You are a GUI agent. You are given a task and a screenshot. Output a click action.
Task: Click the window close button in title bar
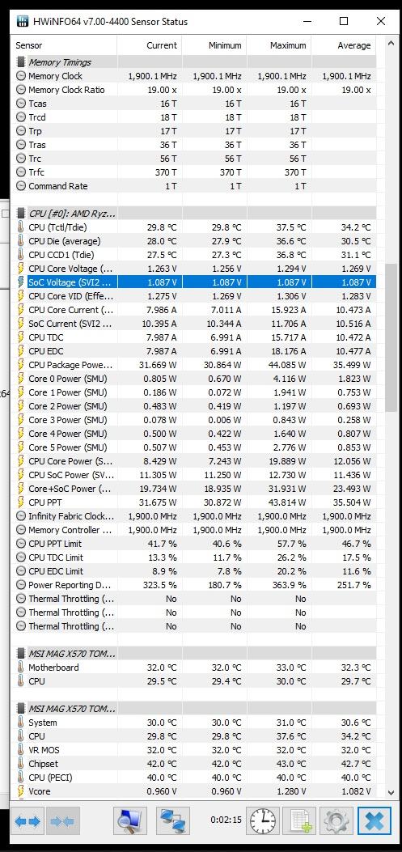pos(381,21)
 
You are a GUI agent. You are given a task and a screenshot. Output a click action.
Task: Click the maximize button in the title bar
pos(343,21)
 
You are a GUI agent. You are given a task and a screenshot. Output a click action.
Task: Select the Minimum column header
pos(225,45)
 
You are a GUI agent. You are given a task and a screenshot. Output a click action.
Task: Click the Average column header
pos(354,45)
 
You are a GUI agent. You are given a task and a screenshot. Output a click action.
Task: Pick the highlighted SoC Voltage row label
pos(70,282)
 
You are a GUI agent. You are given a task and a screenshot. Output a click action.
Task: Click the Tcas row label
pos(37,104)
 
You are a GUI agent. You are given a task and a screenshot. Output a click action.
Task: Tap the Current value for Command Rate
pos(171,186)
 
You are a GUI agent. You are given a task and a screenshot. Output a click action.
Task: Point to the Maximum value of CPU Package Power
pos(287,365)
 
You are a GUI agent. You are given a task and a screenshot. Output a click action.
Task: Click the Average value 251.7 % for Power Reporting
pos(352,585)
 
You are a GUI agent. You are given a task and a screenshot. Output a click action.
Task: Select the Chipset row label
pos(44,764)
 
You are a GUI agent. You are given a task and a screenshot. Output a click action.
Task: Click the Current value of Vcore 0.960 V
pos(161,791)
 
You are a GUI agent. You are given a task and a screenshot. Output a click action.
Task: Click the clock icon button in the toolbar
pos(263,821)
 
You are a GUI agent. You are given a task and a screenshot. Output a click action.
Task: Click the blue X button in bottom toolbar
pos(374,821)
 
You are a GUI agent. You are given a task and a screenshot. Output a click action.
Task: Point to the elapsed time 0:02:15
pos(226,820)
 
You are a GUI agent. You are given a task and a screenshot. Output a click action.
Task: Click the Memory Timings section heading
pos(60,62)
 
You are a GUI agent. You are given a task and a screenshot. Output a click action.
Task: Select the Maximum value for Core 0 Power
pos(289,379)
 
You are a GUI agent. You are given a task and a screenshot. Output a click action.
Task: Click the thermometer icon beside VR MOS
pos(21,750)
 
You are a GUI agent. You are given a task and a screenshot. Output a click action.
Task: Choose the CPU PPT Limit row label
pos(55,544)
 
